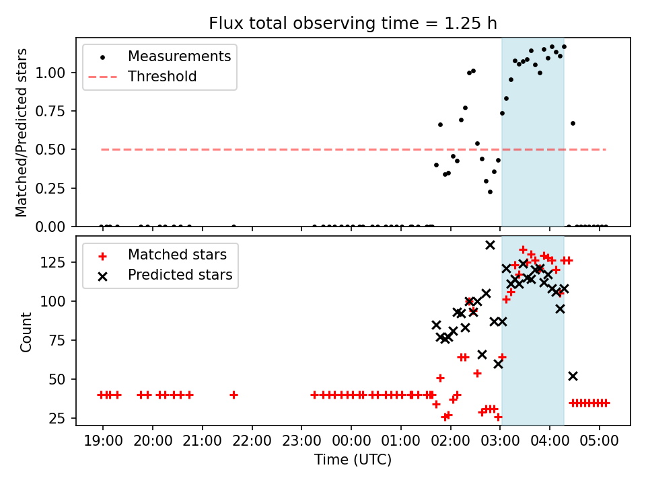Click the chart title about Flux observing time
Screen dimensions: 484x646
click(x=353, y=24)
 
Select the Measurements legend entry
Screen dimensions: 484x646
click(x=179, y=56)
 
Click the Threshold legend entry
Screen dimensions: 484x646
click(x=162, y=77)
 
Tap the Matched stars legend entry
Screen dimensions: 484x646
click(x=177, y=255)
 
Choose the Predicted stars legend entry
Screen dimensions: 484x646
click(x=180, y=275)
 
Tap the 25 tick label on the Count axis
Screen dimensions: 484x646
click(x=63, y=419)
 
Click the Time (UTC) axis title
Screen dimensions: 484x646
click(x=353, y=460)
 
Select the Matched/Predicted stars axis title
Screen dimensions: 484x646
click(x=22, y=132)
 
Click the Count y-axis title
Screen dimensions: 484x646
click(x=26, y=332)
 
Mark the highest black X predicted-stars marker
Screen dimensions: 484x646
click(x=490, y=245)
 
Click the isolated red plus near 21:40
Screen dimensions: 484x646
click(x=234, y=395)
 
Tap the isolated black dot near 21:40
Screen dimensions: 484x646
click(x=234, y=227)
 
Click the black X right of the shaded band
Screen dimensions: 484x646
click(x=573, y=376)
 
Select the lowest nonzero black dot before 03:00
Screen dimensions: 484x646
click(x=490, y=192)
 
